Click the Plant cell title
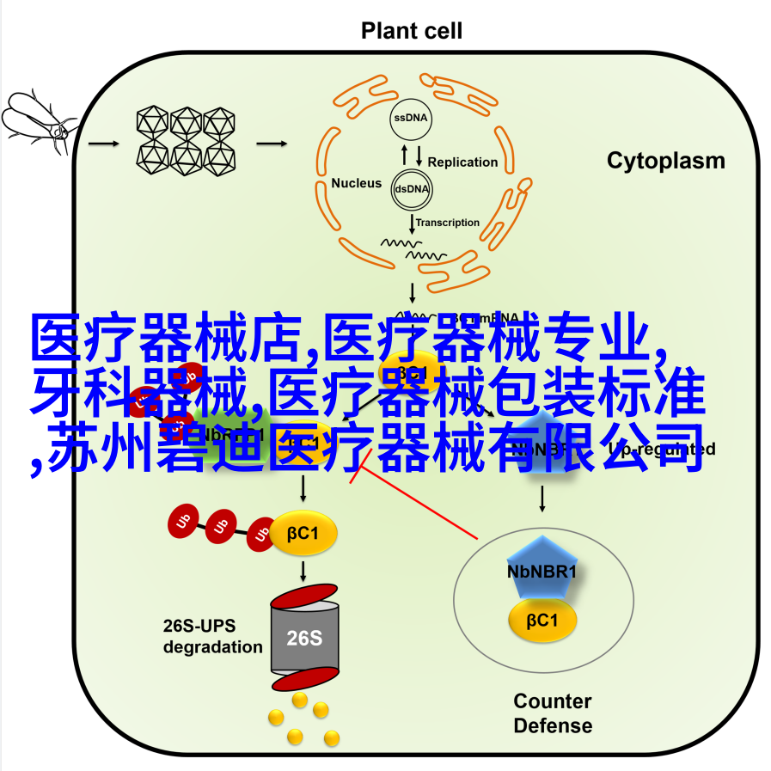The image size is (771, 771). (x=411, y=32)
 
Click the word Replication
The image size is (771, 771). (x=462, y=162)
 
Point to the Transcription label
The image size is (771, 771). (x=448, y=223)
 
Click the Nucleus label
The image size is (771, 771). (x=356, y=183)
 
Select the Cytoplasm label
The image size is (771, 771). (x=665, y=161)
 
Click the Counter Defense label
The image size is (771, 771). (x=553, y=713)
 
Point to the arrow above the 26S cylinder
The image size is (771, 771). (x=303, y=570)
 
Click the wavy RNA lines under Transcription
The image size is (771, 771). (x=414, y=250)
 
